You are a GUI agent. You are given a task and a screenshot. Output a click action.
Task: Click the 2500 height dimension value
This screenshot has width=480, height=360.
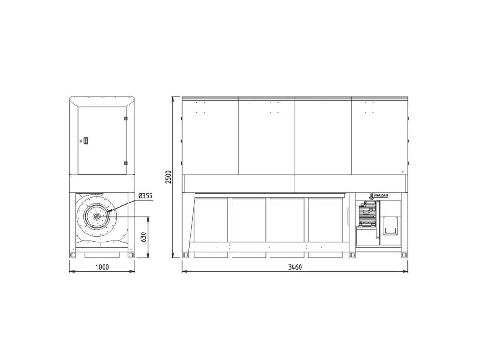coord(169,177)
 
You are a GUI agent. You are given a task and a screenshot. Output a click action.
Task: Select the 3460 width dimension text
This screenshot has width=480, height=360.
coord(295,267)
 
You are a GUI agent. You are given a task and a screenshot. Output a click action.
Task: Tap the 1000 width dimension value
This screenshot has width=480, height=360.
coord(102,267)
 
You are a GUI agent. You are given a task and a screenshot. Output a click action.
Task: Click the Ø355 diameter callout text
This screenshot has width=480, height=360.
coord(145,195)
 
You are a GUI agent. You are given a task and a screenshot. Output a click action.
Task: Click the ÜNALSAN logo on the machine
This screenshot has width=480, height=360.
coord(378,195)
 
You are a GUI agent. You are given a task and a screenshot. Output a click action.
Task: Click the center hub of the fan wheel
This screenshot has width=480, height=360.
coord(97,217)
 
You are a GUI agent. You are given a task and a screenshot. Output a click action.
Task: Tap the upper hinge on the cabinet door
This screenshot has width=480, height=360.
coord(126,118)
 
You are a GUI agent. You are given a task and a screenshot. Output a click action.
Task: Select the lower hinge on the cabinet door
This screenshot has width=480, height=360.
coord(126,163)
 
